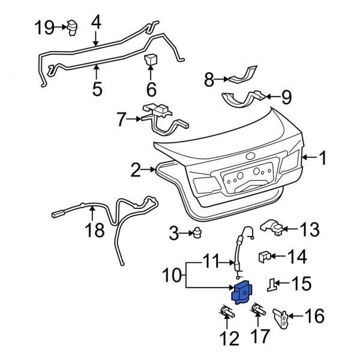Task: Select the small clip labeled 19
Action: (74, 26)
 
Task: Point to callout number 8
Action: (209, 79)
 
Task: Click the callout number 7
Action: (122, 120)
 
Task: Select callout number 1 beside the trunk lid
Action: (322, 158)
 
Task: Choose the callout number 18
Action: (95, 230)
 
